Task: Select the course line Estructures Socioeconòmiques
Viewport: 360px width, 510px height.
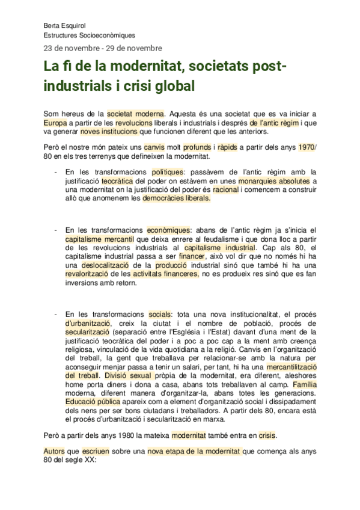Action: tap(90, 35)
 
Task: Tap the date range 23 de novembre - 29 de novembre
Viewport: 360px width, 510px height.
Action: tap(102, 48)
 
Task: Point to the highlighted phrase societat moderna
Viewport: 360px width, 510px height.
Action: tap(136, 112)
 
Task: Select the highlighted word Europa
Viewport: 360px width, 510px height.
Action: tap(55, 122)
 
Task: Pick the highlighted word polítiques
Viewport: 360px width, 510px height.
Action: tap(168, 172)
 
